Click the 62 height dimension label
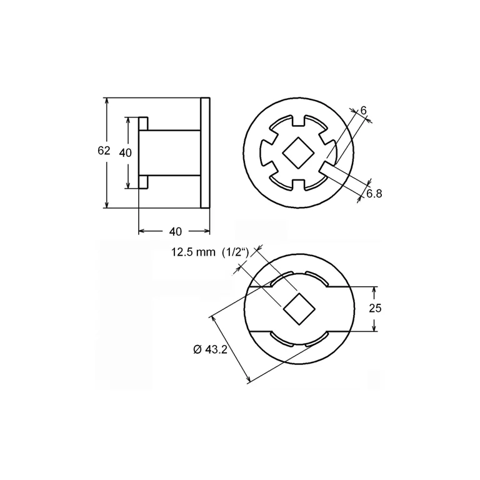(x=104, y=151)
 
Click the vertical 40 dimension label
(x=125, y=152)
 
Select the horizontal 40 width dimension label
(x=176, y=232)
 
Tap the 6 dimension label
(x=363, y=111)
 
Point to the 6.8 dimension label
(x=374, y=194)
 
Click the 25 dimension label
(x=375, y=308)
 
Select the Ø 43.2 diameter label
(x=210, y=349)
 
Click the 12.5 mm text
(x=189, y=252)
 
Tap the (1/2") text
(x=236, y=252)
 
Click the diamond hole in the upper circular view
(x=299, y=152)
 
